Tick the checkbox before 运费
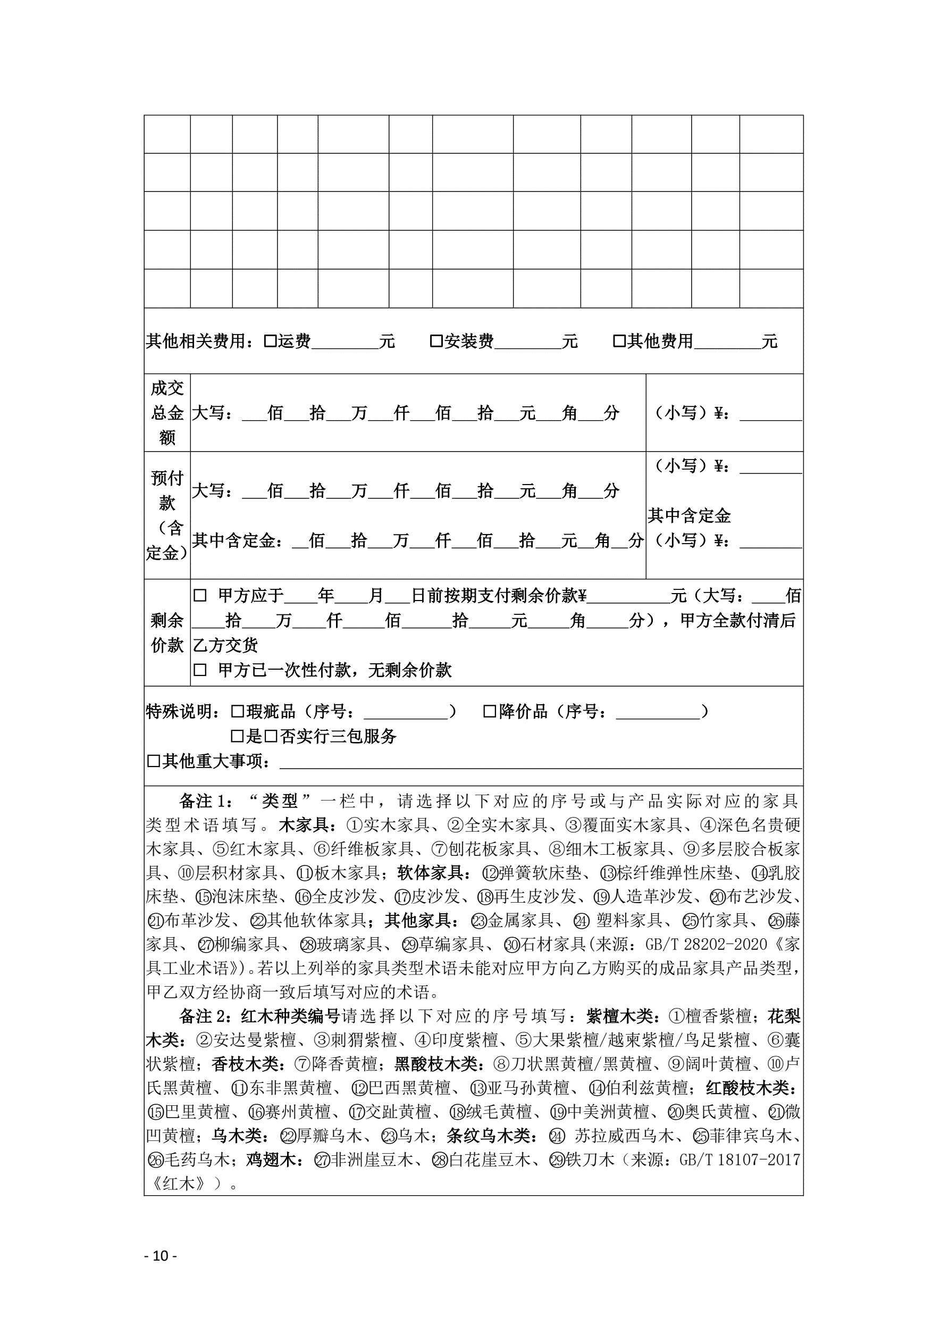(270, 341)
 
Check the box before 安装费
(436, 341)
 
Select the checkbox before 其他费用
(619, 341)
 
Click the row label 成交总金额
(167, 413)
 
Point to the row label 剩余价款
(167, 632)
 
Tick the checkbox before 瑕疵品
(237, 712)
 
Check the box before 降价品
(490, 712)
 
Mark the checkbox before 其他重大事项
(153, 762)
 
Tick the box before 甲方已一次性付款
(200, 670)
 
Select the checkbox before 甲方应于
(200, 596)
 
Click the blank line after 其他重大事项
(540, 762)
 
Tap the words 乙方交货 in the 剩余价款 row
(225, 646)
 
